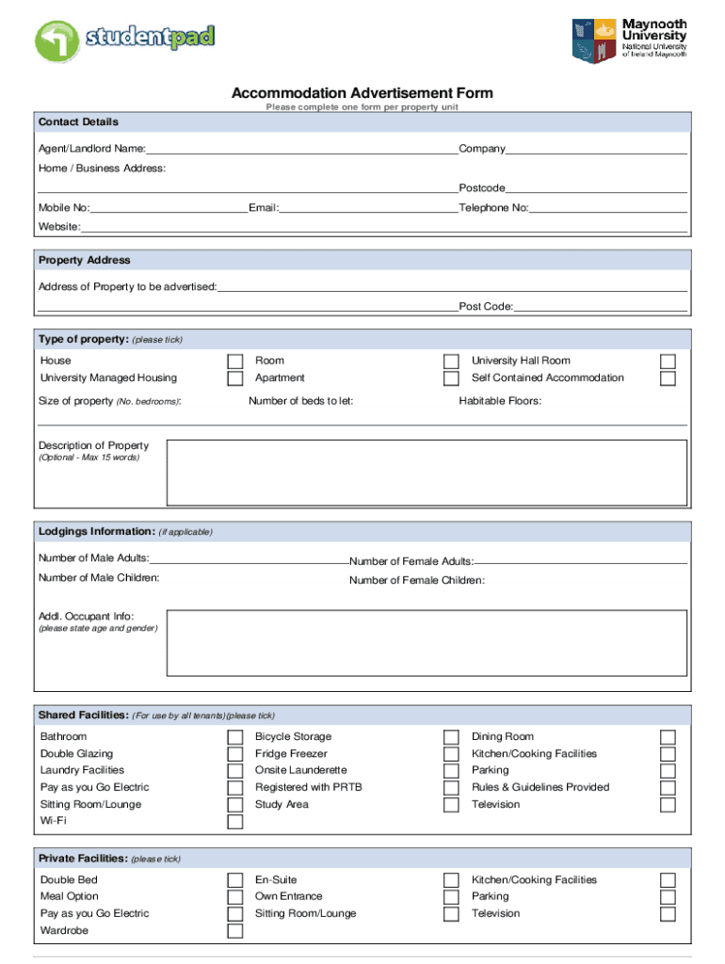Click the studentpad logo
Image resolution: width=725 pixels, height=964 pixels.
pyautogui.click(x=125, y=40)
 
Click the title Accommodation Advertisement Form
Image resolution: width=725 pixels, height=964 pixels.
pyautogui.click(x=362, y=93)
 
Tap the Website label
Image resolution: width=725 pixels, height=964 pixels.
pyautogui.click(x=58, y=227)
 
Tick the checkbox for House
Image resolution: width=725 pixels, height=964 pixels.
pyautogui.click(x=235, y=361)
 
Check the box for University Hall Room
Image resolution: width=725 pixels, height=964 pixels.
pyautogui.click(x=668, y=361)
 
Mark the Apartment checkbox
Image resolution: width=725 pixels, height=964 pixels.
pyautogui.click(x=451, y=378)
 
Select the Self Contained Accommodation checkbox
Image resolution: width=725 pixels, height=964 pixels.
pyautogui.click(x=668, y=378)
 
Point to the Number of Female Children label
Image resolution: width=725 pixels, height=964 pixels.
pyautogui.click(x=417, y=580)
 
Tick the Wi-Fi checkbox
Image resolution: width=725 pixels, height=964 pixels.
pyautogui.click(x=235, y=822)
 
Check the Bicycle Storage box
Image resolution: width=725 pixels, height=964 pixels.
pyautogui.click(x=451, y=737)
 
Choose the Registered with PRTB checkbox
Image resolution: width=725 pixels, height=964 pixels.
pyautogui.click(x=451, y=788)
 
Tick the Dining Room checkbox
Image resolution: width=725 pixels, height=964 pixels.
pyautogui.click(x=668, y=737)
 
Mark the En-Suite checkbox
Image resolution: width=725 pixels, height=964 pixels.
pyautogui.click(x=451, y=880)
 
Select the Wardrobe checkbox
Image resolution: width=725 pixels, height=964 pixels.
pyautogui.click(x=235, y=931)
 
